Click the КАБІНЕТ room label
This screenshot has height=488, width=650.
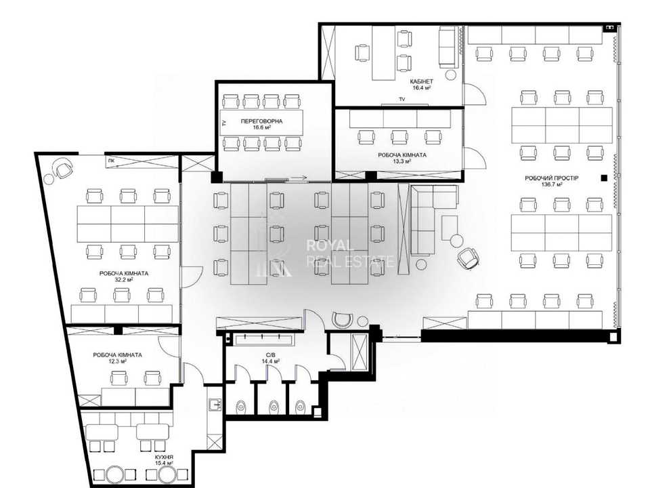(x=421, y=82)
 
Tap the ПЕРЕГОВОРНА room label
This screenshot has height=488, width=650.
(x=261, y=121)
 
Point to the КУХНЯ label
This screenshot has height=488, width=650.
(x=164, y=457)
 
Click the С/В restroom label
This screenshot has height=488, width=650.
(x=271, y=354)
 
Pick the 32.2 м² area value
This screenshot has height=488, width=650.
(x=123, y=280)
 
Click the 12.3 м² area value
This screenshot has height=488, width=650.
(x=117, y=361)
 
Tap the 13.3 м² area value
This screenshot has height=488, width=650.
(x=402, y=161)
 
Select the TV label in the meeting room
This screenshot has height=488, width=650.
(x=224, y=123)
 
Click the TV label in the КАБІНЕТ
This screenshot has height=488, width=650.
(x=402, y=99)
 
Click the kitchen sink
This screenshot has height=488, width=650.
(x=215, y=404)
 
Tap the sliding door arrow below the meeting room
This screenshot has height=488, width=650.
(x=299, y=178)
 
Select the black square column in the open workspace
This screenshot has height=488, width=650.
(x=604, y=178)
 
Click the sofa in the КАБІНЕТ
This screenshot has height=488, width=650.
(x=448, y=47)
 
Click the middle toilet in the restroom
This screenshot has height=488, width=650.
(x=273, y=405)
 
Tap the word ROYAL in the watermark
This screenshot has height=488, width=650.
(x=330, y=245)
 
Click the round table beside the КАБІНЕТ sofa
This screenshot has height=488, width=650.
(x=451, y=75)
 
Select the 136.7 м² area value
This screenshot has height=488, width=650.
(x=552, y=184)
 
